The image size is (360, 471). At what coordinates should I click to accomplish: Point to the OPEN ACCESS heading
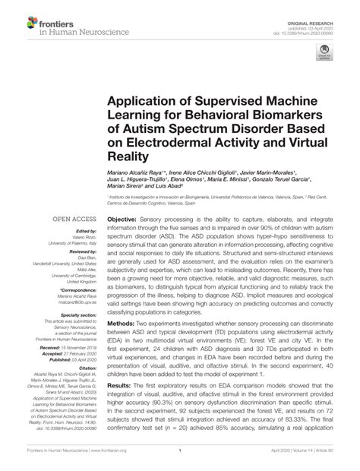[x=73, y=218]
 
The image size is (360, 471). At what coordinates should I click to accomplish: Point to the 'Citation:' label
[x=90, y=375]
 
